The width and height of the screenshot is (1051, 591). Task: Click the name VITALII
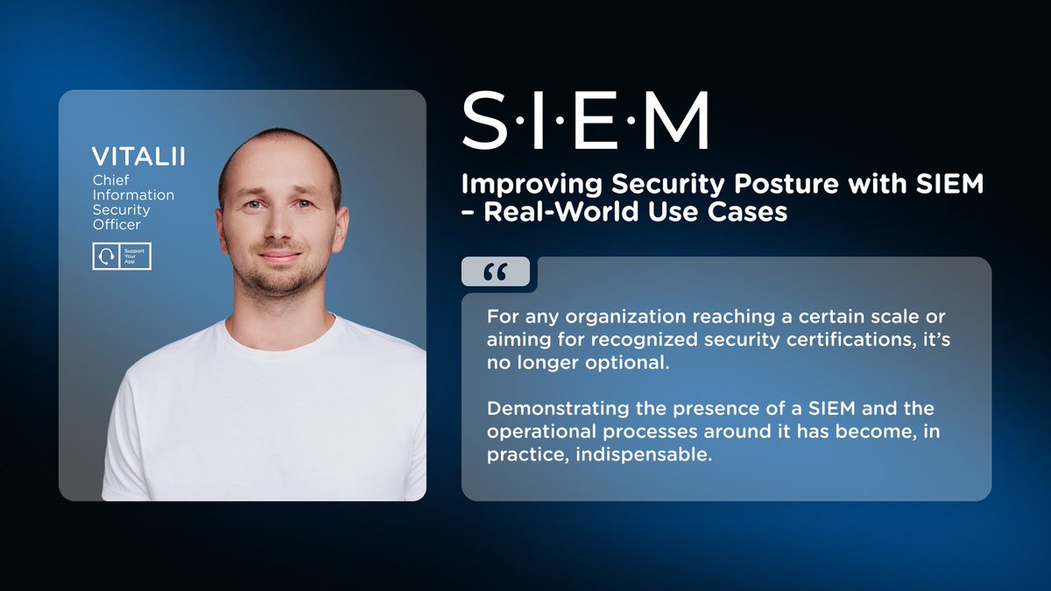[x=138, y=157]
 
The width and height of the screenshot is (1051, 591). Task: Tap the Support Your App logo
[x=122, y=257]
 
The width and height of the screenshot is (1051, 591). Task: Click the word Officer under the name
[x=116, y=224]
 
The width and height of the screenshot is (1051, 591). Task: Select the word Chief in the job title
[x=110, y=179]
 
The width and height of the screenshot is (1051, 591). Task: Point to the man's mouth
[x=279, y=257]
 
